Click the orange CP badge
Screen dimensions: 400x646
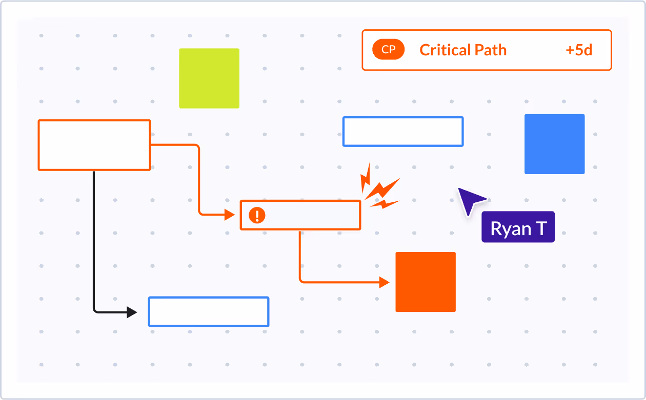tap(388, 50)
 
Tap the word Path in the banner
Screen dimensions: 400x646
tap(490, 50)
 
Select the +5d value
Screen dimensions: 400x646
tap(579, 50)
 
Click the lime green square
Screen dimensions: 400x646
tap(209, 78)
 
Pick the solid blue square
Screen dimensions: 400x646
tap(554, 144)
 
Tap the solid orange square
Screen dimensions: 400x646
tap(426, 282)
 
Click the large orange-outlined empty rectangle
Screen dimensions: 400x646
tap(94, 145)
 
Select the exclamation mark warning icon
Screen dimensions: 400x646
tap(257, 215)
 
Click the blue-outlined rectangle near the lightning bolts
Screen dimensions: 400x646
tap(403, 132)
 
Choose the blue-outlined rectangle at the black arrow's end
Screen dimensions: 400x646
tap(209, 311)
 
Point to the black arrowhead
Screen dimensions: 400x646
tap(132, 311)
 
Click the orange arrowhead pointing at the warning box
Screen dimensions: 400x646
tap(229, 215)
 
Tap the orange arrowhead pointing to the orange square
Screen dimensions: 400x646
tap(384, 282)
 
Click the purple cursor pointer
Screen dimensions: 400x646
tap(469, 200)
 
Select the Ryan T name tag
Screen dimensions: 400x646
tap(518, 227)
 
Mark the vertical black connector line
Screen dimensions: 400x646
tap(94, 241)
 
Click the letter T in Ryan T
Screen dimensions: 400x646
tap(541, 228)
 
